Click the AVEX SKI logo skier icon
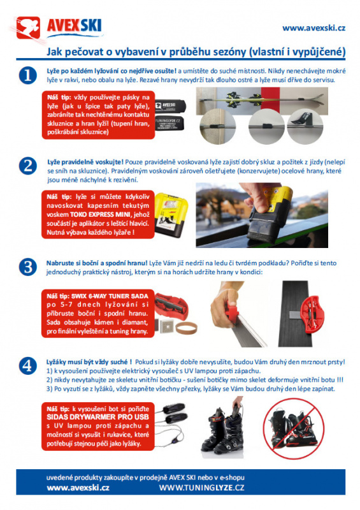click(28, 27)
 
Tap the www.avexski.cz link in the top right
click(313, 28)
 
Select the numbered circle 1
click(27, 75)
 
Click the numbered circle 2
click(27, 166)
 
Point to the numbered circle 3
click(27, 266)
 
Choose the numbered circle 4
click(27, 365)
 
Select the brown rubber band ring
click(186, 328)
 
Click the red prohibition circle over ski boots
click(294, 428)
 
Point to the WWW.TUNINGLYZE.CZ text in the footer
click(201, 488)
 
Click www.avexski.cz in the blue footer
click(78, 488)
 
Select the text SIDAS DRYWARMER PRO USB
click(97, 417)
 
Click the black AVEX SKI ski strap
click(170, 106)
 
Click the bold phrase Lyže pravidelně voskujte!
click(85, 162)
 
